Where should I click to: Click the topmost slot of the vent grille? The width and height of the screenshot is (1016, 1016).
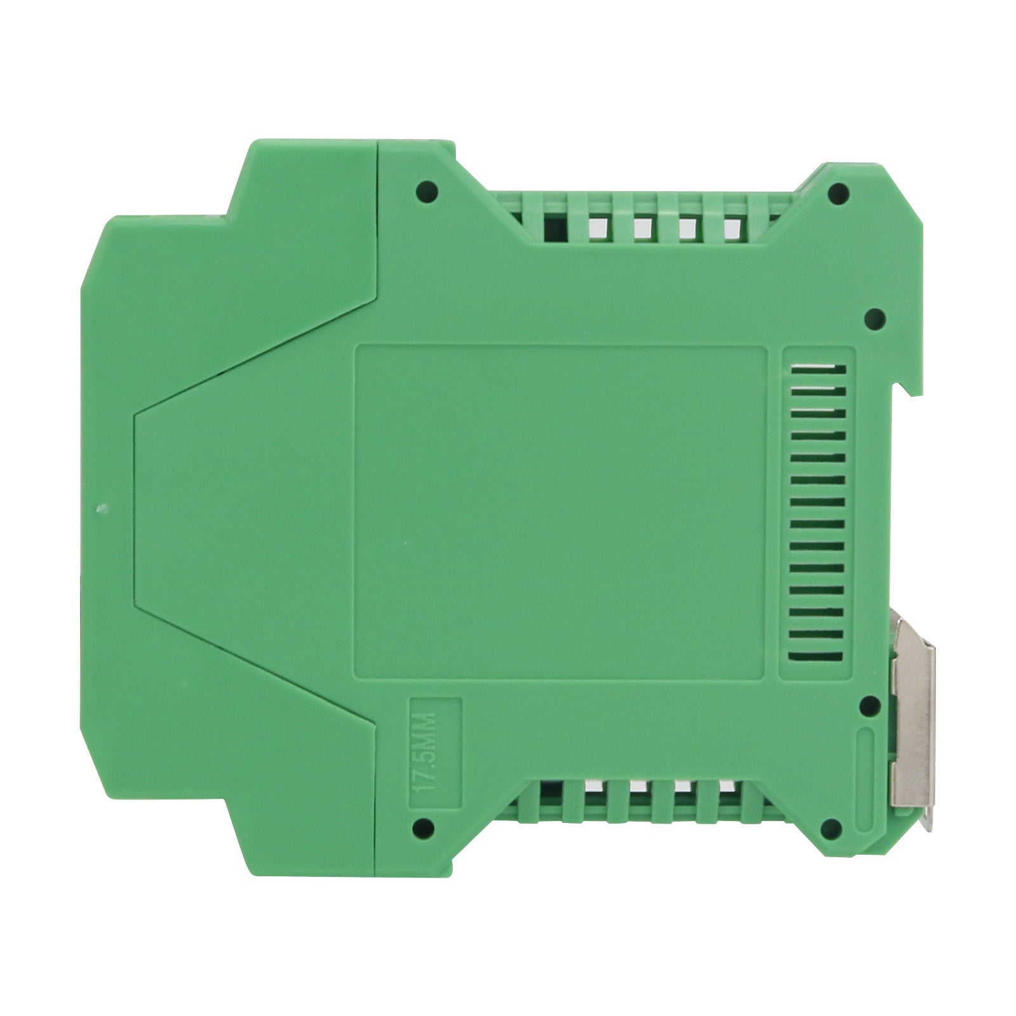[817, 368]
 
